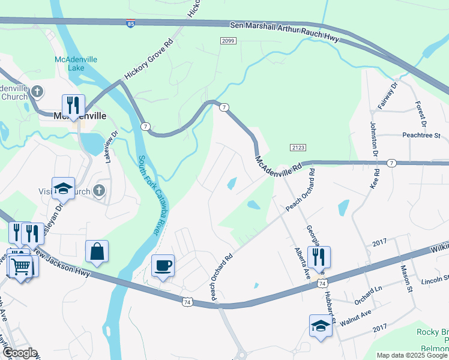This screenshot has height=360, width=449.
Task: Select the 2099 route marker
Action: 228,40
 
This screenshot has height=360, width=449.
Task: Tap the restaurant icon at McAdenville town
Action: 73,106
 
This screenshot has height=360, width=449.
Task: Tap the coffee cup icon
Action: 163,266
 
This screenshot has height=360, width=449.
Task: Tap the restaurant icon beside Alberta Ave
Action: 319,257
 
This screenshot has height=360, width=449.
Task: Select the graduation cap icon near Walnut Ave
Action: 321,326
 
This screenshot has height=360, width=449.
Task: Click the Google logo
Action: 20,353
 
